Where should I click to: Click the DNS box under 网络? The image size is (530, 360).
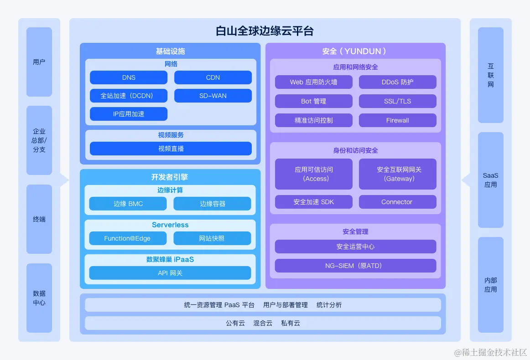point(129,77)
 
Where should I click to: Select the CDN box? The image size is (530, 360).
point(213,77)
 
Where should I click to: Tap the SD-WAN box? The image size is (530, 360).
point(213,96)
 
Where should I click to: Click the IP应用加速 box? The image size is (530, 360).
point(129,114)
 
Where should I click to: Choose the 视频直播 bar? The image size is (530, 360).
point(171,149)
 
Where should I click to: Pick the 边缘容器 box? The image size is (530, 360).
point(212,204)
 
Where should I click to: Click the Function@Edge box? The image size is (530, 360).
point(128,238)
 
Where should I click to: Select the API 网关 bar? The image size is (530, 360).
point(170,273)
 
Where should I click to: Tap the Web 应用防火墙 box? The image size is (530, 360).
point(314,82)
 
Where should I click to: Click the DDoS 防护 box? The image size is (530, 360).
point(398,82)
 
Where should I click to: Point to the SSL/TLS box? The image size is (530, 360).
point(398,101)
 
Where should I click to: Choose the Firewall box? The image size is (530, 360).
point(398,120)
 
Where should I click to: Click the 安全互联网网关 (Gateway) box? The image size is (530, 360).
point(398,174)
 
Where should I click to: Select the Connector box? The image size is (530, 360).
point(398,202)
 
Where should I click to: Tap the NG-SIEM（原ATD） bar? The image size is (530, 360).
point(356,266)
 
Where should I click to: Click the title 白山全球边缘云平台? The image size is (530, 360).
point(265,31)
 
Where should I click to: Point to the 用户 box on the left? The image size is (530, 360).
point(39,62)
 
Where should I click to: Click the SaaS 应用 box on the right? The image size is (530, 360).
point(491,180)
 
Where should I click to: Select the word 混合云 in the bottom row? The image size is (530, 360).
point(263,323)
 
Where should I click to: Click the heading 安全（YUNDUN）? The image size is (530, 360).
point(355,51)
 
